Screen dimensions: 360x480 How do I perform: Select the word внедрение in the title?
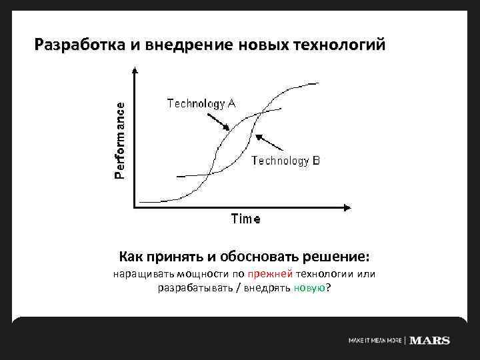pos(185,45)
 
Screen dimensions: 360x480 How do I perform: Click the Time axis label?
pos(245,219)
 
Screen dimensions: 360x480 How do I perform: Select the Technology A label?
pos(201,103)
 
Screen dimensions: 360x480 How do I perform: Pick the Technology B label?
pos(286,161)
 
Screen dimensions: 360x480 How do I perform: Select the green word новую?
pos(310,288)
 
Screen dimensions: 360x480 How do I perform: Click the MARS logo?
pos(429,341)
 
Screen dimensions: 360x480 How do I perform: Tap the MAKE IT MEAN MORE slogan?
pos(375,341)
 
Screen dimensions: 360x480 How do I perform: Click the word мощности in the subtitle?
pos(201,275)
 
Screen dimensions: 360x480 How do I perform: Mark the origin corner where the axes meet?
pos(135,207)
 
